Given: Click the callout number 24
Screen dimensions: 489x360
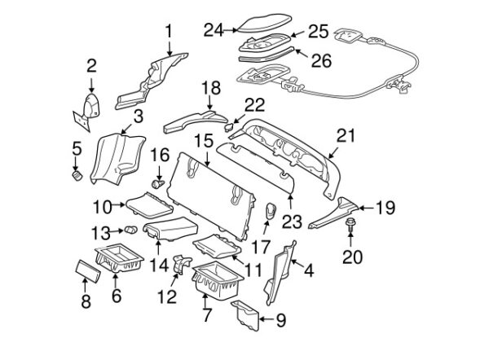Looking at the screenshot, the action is coord(214,30).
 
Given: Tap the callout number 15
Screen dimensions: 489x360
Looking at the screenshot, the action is coord(204,141).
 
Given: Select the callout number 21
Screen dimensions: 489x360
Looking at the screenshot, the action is coord(346,135).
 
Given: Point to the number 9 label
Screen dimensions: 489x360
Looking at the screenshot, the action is coord(280,320).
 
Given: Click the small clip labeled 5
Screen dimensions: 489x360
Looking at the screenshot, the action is coord(77,176).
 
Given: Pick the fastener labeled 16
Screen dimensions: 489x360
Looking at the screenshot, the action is coord(158,184).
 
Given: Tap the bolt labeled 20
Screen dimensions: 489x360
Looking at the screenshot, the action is coord(350,225).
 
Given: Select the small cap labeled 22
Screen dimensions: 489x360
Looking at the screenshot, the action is coord(229,127).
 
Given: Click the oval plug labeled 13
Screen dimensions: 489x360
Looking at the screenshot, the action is coord(131,230).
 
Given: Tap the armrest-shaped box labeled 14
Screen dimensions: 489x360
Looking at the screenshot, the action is coord(171,229).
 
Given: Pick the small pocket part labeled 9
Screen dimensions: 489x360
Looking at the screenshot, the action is coord(245,315).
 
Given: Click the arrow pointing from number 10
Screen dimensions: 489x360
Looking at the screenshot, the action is coord(118,204).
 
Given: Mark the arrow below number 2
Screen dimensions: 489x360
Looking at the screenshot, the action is coord(91,85).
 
